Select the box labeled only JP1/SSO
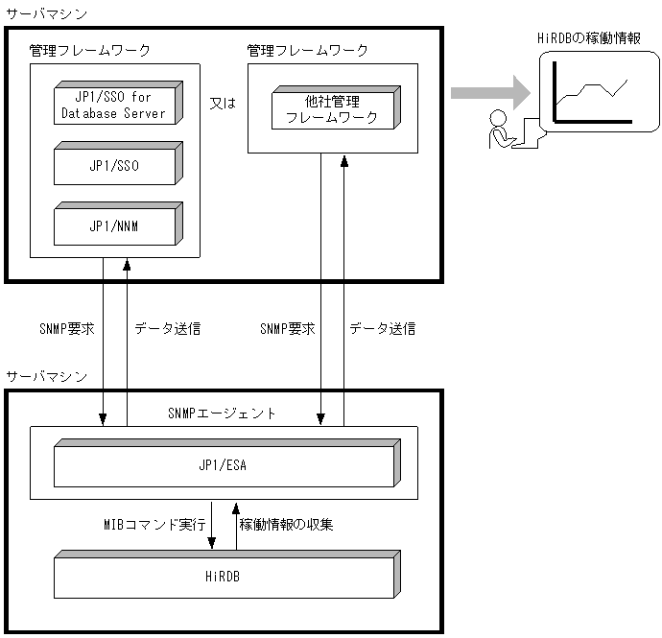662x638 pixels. tap(114, 165)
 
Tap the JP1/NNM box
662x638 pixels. tap(114, 225)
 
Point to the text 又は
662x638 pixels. tap(223, 100)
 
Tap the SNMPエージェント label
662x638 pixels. tap(223, 414)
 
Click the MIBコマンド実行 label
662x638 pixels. tap(154, 525)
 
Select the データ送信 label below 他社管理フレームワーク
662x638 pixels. tap(382, 328)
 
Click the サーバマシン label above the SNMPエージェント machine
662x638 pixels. tap(46, 375)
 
